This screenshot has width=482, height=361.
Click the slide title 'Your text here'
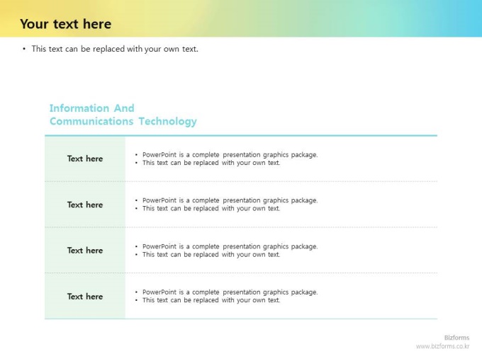click(x=65, y=24)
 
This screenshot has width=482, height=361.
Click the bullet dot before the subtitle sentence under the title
click(x=24, y=49)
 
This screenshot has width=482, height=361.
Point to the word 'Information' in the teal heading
click(x=79, y=108)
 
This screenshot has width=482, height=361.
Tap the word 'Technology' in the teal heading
click(x=167, y=121)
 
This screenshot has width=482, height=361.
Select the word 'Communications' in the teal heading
click(x=91, y=121)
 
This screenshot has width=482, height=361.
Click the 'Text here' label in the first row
click(x=85, y=159)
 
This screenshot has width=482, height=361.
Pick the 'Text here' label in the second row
click(x=85, y=205)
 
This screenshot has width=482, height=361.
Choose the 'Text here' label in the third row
click(x=85, y=251)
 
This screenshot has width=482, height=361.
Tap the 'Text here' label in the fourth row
click(x=85, y=297)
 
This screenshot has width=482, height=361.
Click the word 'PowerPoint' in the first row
click(x=159, y=155)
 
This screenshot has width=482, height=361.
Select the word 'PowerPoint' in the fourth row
click(x=159, y=292)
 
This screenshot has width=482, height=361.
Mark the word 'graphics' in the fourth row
click(x=276, y=292)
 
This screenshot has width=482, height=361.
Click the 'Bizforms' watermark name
click(x=456, y=338)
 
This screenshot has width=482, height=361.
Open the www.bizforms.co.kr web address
click(x=442, y=346)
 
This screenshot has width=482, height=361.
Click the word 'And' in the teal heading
click(x=124, y=108)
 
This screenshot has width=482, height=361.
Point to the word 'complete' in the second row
click(x=206, y=200)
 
